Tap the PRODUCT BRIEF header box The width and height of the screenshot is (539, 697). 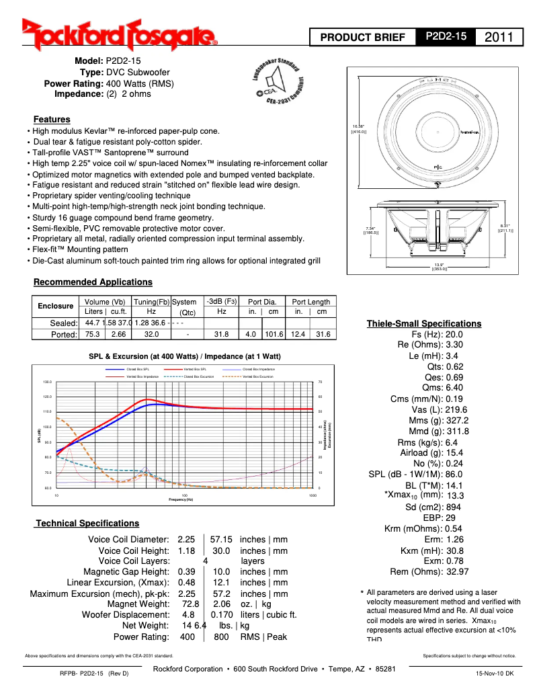tap(363, 38)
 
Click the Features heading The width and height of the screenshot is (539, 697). tap(52, 119)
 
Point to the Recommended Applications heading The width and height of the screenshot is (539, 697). tap(93, 282)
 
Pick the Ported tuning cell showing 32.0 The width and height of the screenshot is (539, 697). tap(151, 334)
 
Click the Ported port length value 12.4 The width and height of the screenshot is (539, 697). tap(299, 334)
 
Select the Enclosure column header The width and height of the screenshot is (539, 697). tap(55, 306)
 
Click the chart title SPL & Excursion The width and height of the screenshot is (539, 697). tap(185, 356)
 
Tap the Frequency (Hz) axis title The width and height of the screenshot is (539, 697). tap(181, 499)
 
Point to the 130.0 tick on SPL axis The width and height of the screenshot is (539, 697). tap(47, 382)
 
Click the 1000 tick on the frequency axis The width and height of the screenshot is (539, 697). tap(313, 495)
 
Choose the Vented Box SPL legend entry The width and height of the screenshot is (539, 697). tap(194, 369)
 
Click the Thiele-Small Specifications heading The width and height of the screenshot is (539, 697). tap(423, 324)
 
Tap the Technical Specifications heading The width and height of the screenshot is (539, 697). tap(87, 523)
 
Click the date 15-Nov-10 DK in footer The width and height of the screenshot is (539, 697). tap(495, 673)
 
